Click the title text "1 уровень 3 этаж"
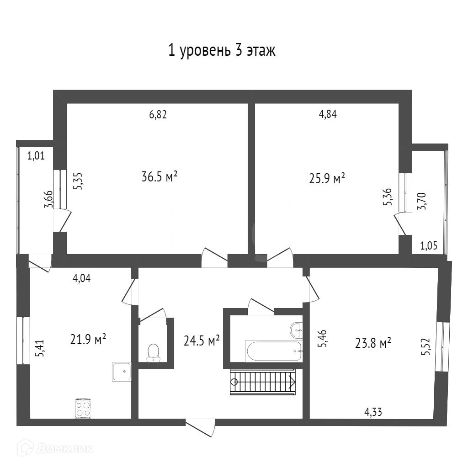pos(222,51)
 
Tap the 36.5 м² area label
pos(160,176)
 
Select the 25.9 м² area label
pos(327,178)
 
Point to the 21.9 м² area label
pos(88,339)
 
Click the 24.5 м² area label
pos(202,340)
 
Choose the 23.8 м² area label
pos(373,342)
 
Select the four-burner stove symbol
pos(83,408)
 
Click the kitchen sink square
pos(122,372)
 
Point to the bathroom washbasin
pos(296,328)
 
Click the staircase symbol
pos(263,382)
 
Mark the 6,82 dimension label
pos(158,115)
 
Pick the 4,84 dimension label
pos(328,115)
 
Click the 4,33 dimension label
pos(373,412)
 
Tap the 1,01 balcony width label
pos(36,156)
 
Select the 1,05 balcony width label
pos(429,246)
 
